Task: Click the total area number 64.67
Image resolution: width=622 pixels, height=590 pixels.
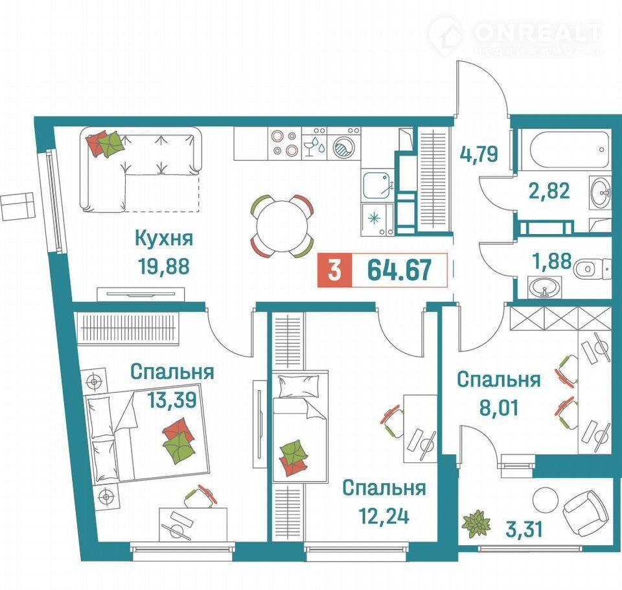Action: point(399,270)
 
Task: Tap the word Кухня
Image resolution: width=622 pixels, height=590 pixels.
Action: point(164,238)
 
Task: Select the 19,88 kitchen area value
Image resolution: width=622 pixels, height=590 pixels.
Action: point(164,266)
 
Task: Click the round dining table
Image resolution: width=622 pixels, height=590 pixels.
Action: point(282,227)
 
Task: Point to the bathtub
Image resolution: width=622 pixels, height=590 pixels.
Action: point(564,150)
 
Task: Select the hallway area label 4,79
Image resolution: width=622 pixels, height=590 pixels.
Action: point(478,154)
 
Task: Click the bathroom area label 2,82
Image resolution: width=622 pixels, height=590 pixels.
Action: point(549,191)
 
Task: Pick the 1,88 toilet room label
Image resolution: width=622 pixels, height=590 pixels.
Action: point(553,261)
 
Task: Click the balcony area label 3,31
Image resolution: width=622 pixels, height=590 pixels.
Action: point(524,529)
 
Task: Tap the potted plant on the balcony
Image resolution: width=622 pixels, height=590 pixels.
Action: point(476,524)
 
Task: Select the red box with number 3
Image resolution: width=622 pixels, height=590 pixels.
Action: point(334,270)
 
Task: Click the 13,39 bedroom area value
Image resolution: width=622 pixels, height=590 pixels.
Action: point(172,399)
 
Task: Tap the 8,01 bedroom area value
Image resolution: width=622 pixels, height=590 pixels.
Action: point(499,408)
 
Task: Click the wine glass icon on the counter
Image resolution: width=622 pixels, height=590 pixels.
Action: point(308,148)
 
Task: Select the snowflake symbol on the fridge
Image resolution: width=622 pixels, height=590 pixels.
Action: point(374,218)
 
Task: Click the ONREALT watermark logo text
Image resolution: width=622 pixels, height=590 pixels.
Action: point(538,33)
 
